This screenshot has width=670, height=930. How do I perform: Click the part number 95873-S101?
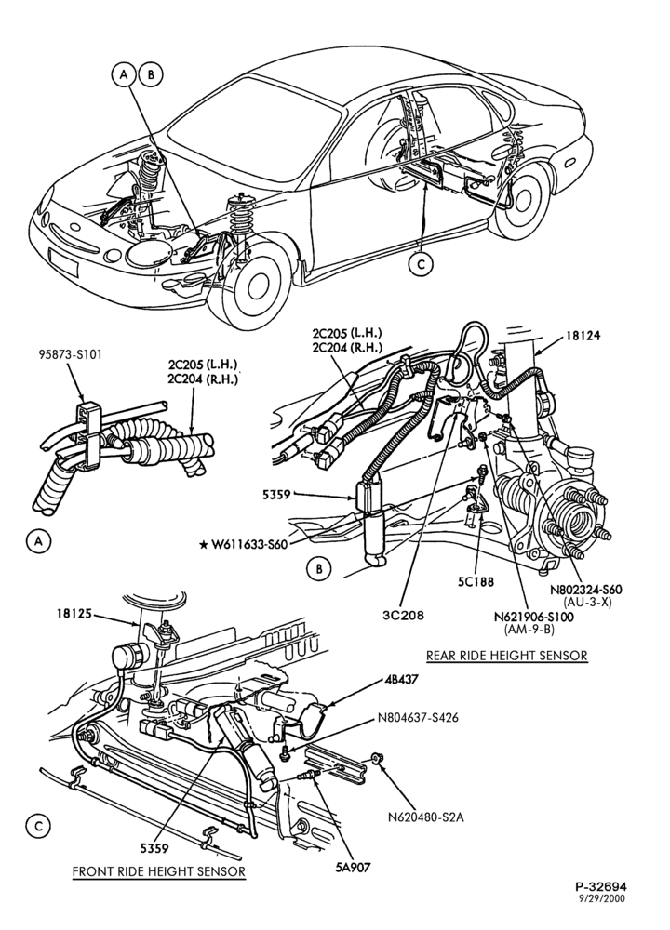(x=71, y=355)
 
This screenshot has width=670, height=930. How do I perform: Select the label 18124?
(x=583, y=336)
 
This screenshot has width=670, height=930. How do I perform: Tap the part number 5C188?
(x=476, y=582)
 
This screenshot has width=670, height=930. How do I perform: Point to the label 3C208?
(x=404, y=615)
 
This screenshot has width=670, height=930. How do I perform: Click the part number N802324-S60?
(x=585, y=590)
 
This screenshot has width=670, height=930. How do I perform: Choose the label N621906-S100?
(x=534, y=617)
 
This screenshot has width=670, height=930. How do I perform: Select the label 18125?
(x=74, y=614)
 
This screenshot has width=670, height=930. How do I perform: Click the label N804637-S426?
(x=418, y=718)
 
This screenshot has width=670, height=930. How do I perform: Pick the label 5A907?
(x=352, y=867)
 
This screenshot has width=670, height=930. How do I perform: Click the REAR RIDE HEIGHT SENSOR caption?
(x=507, y=656)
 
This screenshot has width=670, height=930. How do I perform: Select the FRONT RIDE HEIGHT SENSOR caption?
(x=158, y=871)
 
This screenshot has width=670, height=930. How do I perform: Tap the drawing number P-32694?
(x=600, y=886)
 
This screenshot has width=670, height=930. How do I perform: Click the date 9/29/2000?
(x=602, y=898)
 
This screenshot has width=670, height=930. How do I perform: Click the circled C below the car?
(x=421, y=264)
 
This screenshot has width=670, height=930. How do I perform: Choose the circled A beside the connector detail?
(x=38, y=541)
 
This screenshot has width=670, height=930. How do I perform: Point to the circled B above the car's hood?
(x=151, y=74)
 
